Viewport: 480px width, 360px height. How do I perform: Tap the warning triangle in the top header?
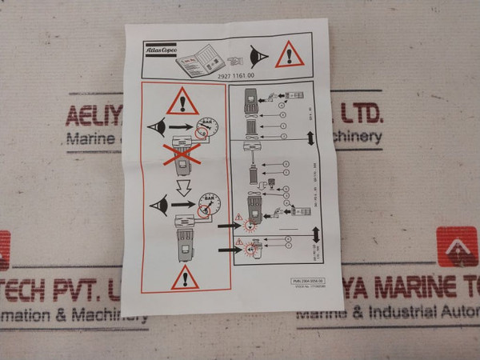(290, 55)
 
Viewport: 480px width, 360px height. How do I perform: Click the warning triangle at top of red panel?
(183, 102)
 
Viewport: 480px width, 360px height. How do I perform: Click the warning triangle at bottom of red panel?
(186, 278)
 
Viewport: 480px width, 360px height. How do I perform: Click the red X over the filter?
(182, 155)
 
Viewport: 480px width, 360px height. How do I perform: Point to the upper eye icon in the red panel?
(157, 127)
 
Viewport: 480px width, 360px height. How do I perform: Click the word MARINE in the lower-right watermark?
(398, 288)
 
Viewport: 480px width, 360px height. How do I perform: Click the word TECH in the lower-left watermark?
(32, 290)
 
